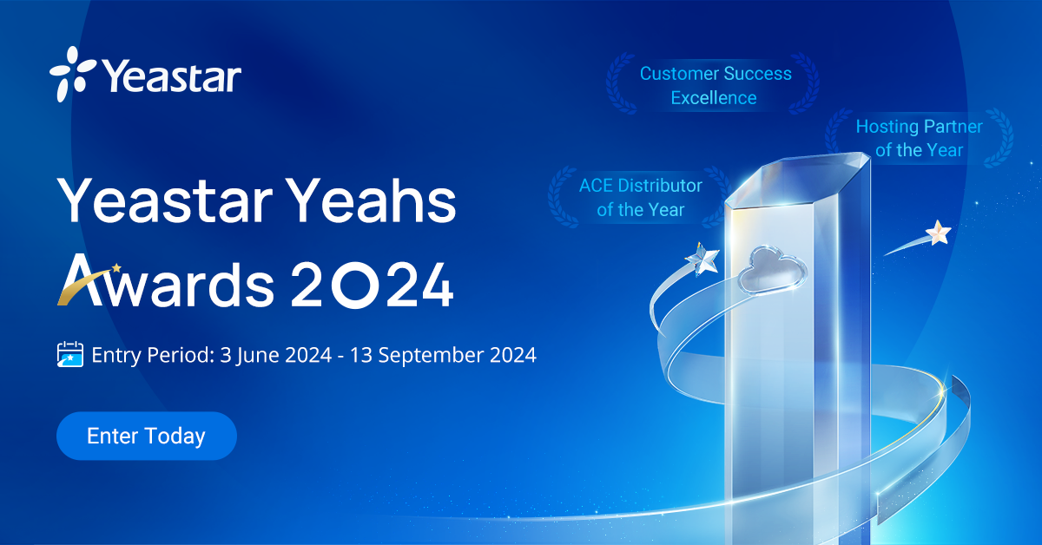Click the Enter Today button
[x=146, y=436]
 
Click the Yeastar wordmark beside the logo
[x=171, y=76]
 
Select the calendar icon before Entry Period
[x=70, y=355]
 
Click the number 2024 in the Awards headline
[x=372, y=284]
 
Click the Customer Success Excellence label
[x=716, y=85]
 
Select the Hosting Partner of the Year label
[x=919, y=138]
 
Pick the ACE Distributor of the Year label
[x=641, y=197]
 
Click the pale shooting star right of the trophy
[x=937, y=233]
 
